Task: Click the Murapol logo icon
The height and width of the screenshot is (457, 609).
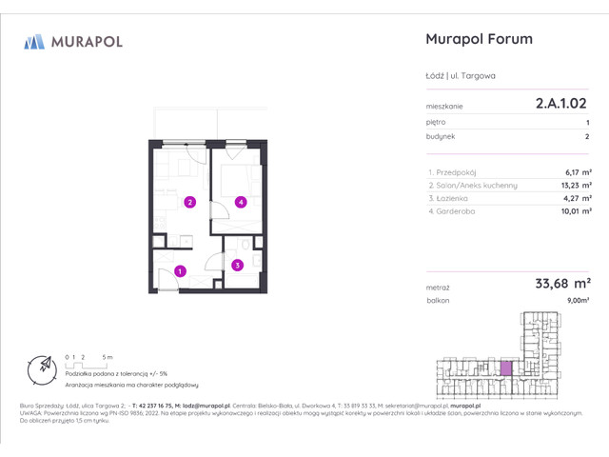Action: point(34,41)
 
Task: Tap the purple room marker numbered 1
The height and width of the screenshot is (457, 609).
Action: point(180,271)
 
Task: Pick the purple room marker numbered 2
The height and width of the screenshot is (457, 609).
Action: point(190,202)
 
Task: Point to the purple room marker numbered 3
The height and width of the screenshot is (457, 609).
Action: point(237,266)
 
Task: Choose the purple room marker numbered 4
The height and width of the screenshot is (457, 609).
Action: point(242,202)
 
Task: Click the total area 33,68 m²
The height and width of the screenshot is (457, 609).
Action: point(561,283)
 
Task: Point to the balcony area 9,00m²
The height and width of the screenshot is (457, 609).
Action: point(578,300)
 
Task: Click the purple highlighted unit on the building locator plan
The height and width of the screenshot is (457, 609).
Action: point(507,367)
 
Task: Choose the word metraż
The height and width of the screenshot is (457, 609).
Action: point(438,286)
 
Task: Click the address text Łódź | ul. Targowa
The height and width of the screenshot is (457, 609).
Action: point(461,75)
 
